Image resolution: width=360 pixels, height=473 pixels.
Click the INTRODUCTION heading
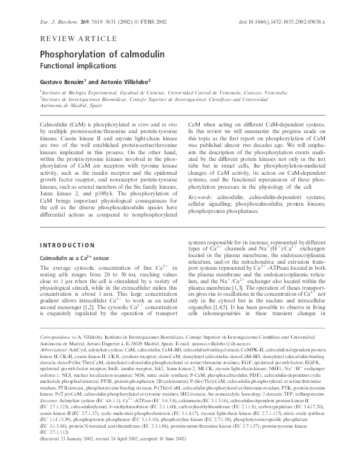[x=66, y=246]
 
